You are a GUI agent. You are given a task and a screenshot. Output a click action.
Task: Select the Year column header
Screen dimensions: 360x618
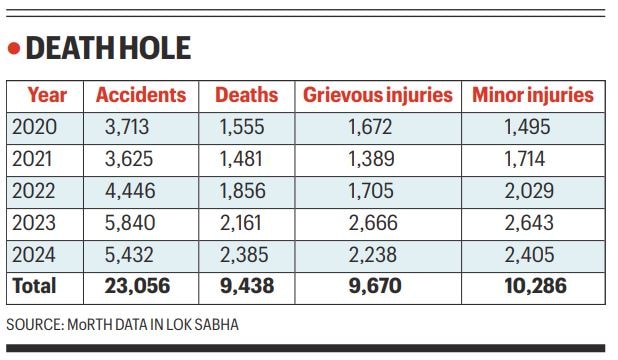tap(47, 96)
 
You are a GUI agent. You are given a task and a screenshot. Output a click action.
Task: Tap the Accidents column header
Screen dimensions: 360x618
tap(141, 96)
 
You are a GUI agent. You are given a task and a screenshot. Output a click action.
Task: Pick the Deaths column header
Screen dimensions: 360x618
tap(247, 96)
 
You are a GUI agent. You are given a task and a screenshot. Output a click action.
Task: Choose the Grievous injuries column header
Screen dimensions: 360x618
tap(378, 96)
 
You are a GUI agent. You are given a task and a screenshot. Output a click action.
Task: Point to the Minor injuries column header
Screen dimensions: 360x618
tap(533, 96)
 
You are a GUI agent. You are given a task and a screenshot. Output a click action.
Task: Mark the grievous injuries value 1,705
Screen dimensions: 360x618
tap(372, 190)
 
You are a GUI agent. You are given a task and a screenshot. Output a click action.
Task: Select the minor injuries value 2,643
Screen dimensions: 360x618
tap(527, 222)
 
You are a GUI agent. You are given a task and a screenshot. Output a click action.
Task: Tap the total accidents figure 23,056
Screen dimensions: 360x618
tap(137, 286)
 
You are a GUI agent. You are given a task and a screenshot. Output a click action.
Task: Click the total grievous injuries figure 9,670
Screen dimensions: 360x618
tap(374, 286)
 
